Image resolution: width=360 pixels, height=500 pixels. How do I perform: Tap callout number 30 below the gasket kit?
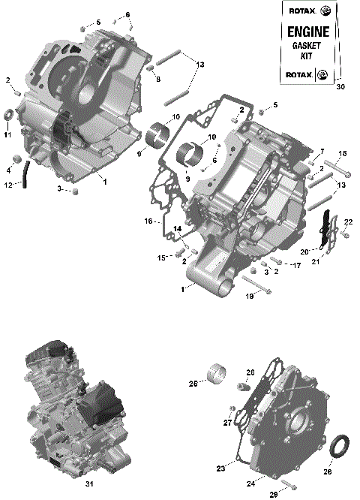pyautogui.click(x=341, y=87)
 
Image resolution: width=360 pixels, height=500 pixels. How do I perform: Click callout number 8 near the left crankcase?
pyautogui.click(x=158, y=79)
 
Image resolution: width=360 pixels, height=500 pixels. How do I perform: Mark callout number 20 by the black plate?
pyautogui.click(x=304, y=252)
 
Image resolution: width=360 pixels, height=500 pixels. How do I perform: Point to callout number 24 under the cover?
pyautogui.click(x=250, y=476)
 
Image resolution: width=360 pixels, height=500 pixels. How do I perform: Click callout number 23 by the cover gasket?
pyautogui.click(x=220, y=468)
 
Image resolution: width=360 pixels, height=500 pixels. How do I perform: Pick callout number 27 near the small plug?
pyautogui.click(x=226, y=423)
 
